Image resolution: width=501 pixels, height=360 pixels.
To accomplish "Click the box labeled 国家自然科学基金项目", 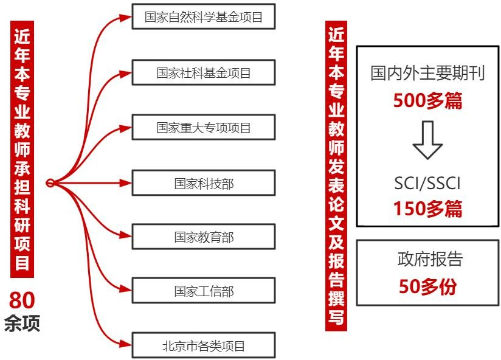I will [x=204, y=17].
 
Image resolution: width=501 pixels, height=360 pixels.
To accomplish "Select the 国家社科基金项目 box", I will [x=204, y=73].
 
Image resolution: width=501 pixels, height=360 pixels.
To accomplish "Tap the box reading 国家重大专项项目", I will [x=204, y=128].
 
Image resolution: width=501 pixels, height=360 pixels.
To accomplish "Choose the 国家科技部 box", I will [x=204, y=182].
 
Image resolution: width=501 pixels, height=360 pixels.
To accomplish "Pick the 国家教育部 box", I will [x=204, y=237].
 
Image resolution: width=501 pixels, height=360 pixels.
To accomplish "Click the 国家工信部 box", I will [x=204, y=291].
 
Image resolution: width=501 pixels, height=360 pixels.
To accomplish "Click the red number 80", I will [x=22, y=300].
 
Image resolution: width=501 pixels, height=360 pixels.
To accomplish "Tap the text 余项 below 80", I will [x=22, y=323].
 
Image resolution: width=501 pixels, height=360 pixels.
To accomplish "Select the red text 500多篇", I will [x=427, y=100].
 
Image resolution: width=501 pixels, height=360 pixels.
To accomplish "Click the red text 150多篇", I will [x=427, y=209].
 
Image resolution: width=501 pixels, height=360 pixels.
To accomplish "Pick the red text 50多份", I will [x=427, y=286].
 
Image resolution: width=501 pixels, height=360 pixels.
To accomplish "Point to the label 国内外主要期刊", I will [x=427, y=74].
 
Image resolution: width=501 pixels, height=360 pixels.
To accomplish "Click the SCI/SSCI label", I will [x=427, y=182].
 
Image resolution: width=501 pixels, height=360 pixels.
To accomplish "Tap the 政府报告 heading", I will [x=427, y=260].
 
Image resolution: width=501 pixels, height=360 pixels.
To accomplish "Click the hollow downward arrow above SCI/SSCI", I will [x=427, y=140].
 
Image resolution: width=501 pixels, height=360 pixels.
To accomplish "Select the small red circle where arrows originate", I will [x=50, y=182].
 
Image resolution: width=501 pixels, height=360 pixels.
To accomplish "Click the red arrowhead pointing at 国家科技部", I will [x=126, y=182].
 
